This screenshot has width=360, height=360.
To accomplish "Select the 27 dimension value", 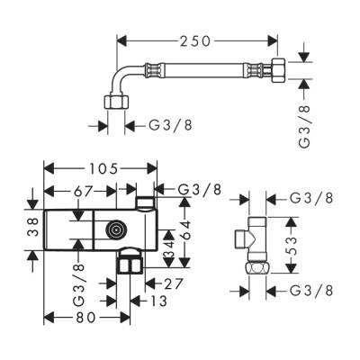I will pos(174,284).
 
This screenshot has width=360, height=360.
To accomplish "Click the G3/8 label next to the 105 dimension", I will pos(200,188).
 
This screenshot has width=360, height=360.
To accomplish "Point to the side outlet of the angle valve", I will pos(243,238).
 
